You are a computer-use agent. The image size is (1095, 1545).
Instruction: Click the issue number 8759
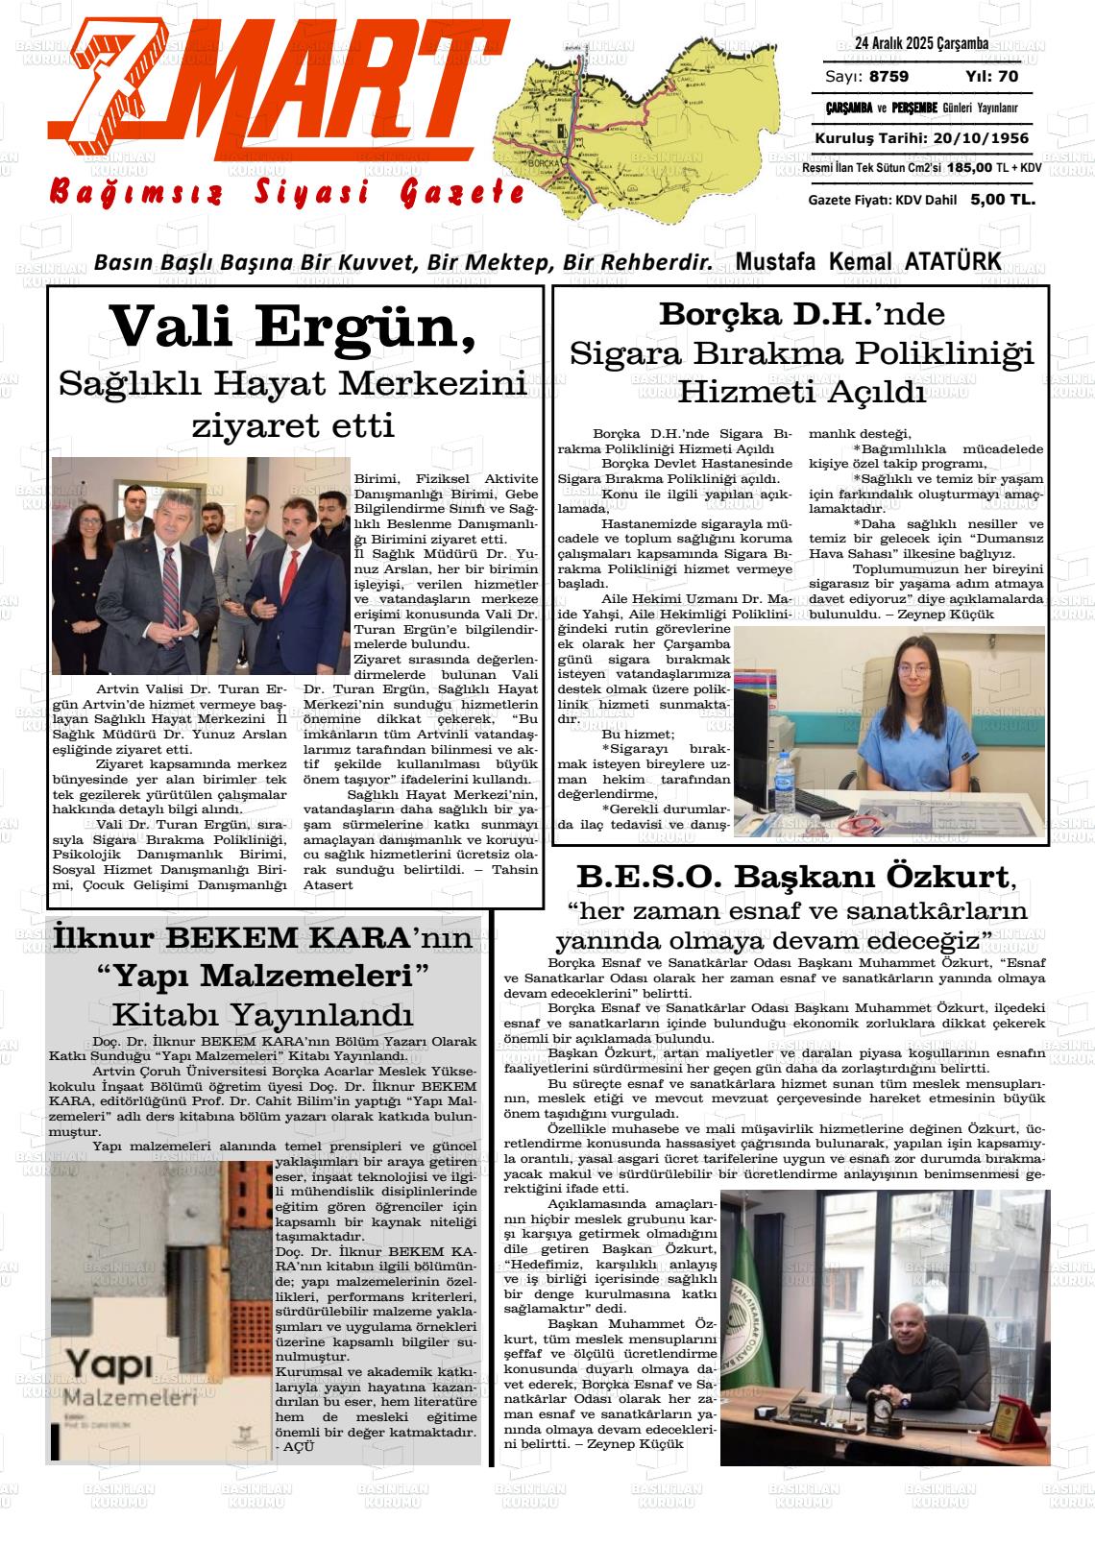click(888, 77)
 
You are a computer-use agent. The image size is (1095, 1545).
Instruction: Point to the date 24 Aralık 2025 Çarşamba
click(921, 43)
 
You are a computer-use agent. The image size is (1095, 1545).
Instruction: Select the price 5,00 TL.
click(1002, 200)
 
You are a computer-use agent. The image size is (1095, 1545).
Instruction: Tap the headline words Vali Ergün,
click(294, 326)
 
